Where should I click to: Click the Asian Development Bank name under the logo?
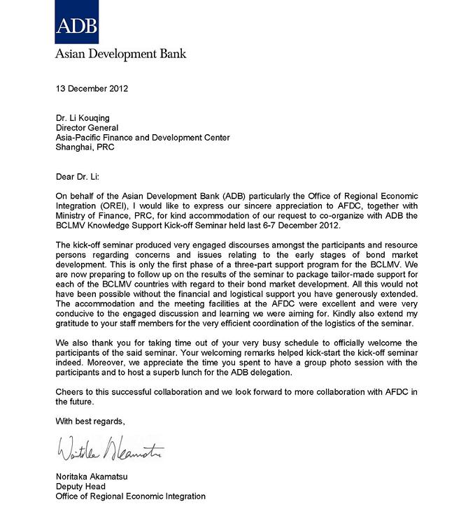tap(121, 53)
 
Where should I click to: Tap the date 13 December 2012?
tap(92, 89)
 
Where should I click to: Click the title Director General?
tap(87, 128)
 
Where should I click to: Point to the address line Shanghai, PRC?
tap(85, 148)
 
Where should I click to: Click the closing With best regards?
tap(90, 422)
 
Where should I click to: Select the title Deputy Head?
tap(81, 487)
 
